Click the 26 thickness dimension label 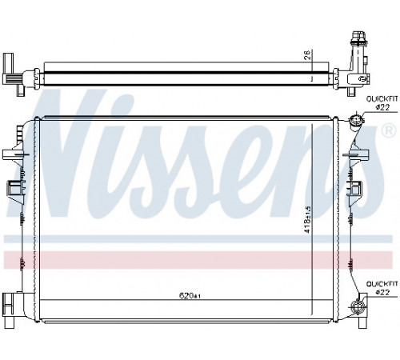[x=307, y=54]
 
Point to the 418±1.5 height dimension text [x=308, y=219]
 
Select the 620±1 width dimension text [x=190, y=296]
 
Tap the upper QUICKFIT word [x=382, y=99]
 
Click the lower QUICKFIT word [x=382, y=284]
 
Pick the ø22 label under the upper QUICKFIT [x=382, y=107]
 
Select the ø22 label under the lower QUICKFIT [x=382, y=293]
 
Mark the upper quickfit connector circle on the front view [x=356, y=119]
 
